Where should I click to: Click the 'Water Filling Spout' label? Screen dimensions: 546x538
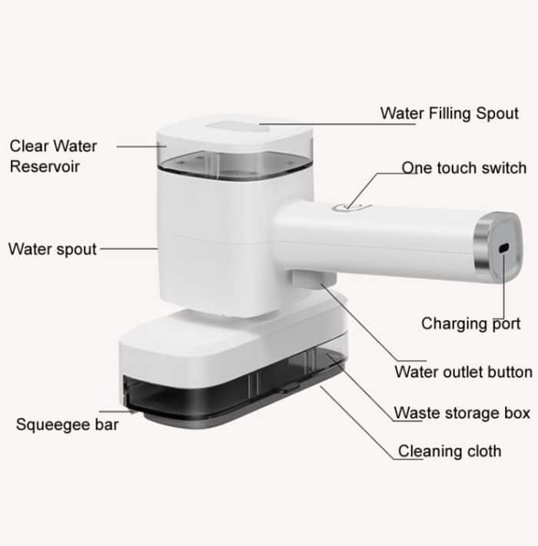[449, 114]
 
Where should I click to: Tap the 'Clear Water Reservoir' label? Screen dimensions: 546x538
[53, 155]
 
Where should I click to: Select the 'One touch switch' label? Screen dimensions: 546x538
[464, 168]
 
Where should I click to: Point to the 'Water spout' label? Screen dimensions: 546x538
[52, 249]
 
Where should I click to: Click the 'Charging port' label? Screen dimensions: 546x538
[470, 324]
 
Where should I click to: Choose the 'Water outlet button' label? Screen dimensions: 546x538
[463, 372]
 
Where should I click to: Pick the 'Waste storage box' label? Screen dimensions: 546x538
[462, 413]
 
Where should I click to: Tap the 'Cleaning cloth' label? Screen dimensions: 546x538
[449, 451]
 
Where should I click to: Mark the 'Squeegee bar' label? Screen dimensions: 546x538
[67, 424]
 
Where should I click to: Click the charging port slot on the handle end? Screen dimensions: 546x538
[503, 250]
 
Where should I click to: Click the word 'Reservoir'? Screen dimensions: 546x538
[45, 166]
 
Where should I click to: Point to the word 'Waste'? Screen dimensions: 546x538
[417, 413]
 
